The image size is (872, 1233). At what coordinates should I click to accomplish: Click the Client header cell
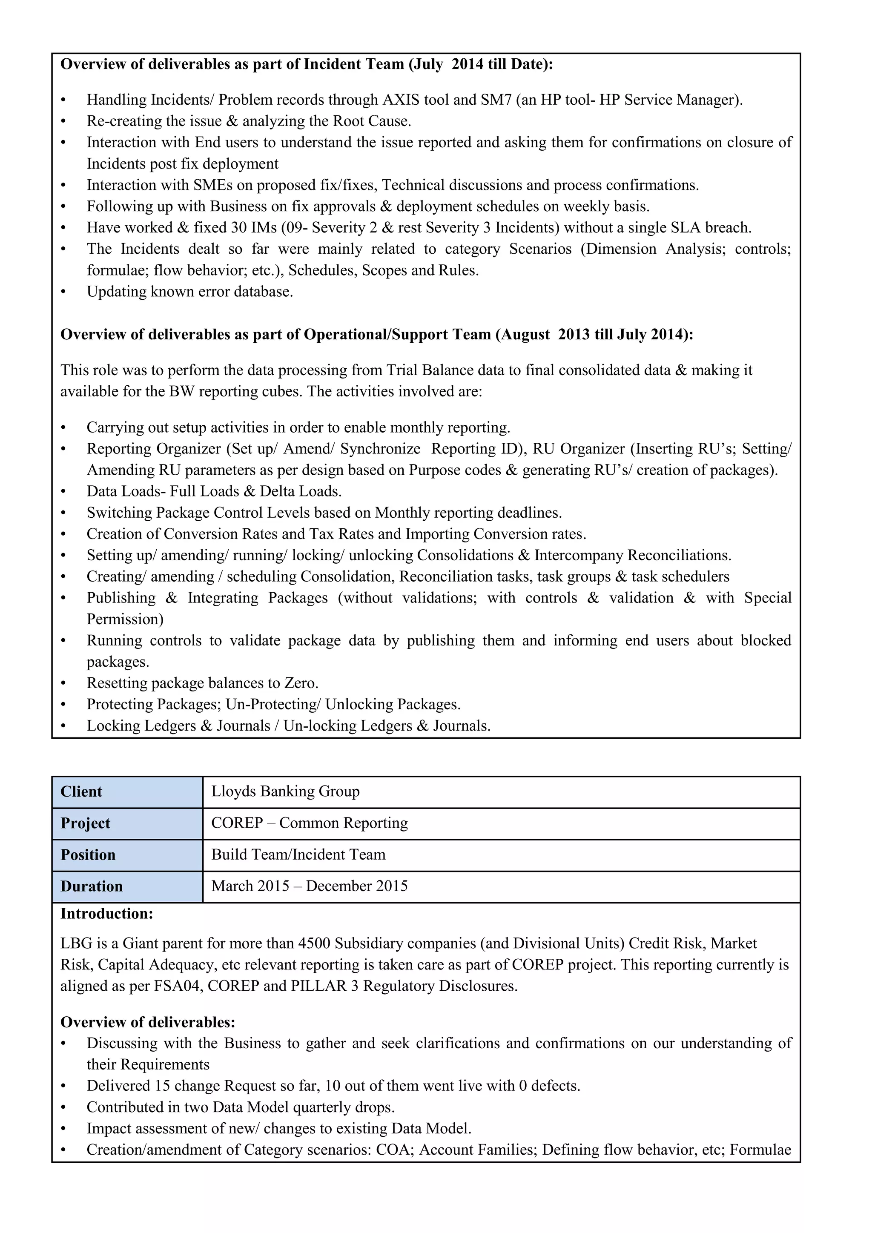tap(127, 791)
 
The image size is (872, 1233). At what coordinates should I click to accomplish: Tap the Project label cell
tap(127, 823)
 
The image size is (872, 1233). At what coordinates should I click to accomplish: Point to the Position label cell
tap(127, 855)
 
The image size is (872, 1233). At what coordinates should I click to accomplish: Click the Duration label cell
tap(127, 886)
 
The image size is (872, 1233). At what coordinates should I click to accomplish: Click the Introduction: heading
tap(106, 914)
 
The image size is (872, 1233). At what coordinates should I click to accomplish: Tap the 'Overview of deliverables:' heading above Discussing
tap(148, 1022)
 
